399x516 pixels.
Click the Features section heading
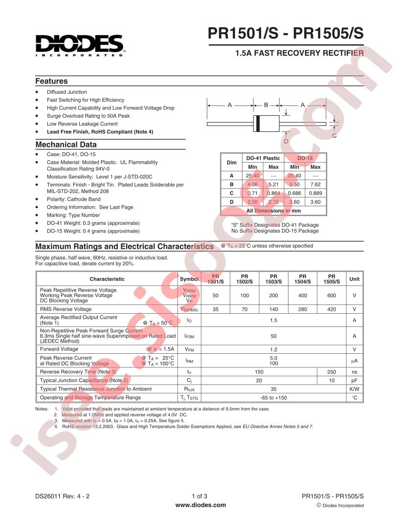coord(51,81)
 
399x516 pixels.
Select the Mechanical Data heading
coord(66,145)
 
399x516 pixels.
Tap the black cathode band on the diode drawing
coord(257,124)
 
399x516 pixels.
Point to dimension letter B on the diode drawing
coord(266,105)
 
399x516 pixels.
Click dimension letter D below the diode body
coord(286,141)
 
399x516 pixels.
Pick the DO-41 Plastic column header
coord(263,158)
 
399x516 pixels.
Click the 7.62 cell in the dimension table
coord(315,184)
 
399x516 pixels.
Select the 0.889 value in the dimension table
coord(315,193)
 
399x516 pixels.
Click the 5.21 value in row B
coord(273,184)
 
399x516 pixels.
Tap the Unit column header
coord(354,279)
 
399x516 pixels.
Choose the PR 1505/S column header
coord(332,279)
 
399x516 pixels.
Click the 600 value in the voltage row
coord(332,295)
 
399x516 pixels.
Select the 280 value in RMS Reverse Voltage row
coord(303,309)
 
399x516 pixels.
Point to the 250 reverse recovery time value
coord(332,372)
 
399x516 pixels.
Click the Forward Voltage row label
coord(59,349)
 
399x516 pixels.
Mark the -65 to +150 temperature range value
coord(273,398)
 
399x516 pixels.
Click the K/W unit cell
coord(354,389)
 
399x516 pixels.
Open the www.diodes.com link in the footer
coord(200,505)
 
